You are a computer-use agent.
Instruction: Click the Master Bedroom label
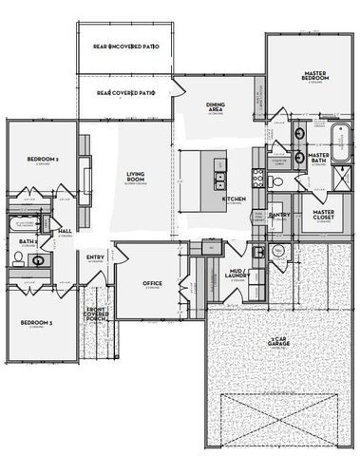click(x=314, y=75)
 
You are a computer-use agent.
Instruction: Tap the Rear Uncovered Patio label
click(x=125, y=46)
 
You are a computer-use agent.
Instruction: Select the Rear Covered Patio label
click(x=125, y=93)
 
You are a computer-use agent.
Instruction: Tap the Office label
click(x=152, y=283)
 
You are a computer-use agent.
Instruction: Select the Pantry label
click(x=278, y=216)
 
